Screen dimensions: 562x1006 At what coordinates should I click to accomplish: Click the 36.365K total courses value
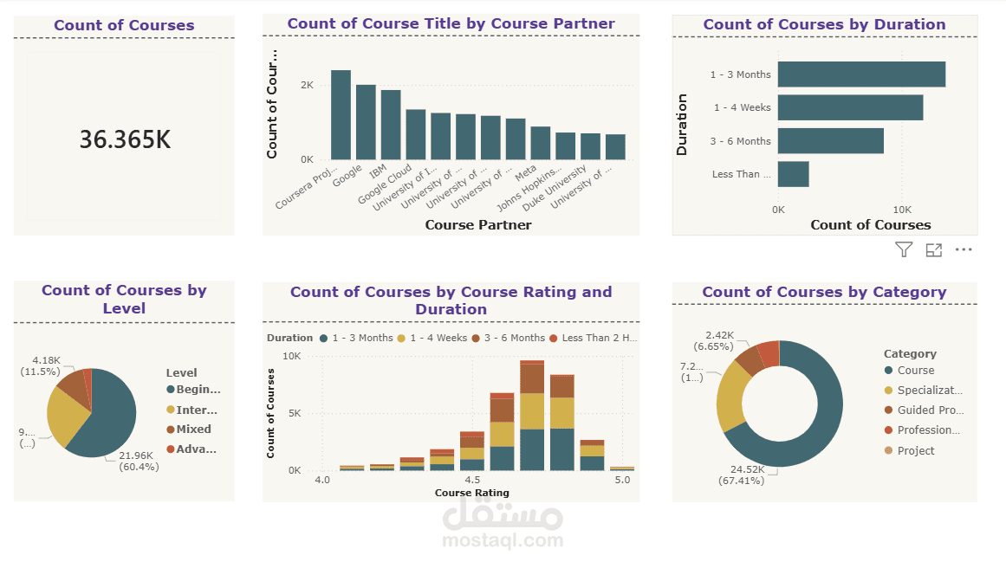tap(125, 139)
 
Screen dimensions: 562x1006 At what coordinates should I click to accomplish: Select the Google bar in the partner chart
tap(366, 122)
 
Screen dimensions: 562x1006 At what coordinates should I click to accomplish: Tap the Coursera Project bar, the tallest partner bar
tap(341, 115)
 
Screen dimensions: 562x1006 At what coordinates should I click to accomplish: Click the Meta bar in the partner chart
tap(541, 143)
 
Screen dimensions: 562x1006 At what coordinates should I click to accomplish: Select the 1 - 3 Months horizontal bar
tap(860, 74)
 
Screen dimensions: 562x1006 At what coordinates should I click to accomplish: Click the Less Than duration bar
tap(793, 174)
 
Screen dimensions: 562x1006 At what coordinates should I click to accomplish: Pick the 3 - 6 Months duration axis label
tap(740, 141)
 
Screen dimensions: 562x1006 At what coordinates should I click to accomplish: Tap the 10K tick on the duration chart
tap(902, 210)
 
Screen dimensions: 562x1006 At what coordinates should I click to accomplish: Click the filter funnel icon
tap(904, 250)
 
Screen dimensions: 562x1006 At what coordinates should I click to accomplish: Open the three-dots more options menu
tap(964, 250)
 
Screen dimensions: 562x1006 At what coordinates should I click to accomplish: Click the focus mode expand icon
tap(933, 250)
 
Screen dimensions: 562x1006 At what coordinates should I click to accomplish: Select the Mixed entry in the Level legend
tap(192, 430)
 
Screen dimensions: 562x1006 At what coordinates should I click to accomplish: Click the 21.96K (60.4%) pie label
tap(138, 462)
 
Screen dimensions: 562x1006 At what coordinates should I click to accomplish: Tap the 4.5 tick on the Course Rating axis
tap(472, 480)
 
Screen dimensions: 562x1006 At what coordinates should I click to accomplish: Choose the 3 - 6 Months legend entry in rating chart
tap(515, 338)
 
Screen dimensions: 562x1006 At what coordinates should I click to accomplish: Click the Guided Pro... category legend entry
tap(930, 410)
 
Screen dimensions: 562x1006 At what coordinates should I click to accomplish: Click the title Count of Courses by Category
tap(824, 292)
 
